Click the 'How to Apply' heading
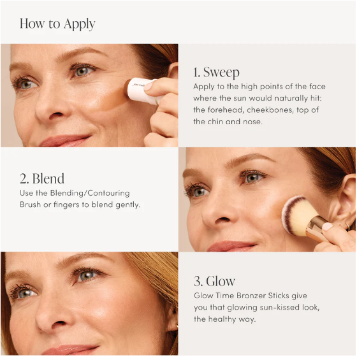tap(57, 24)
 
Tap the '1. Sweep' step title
tap(216, 73)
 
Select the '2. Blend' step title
tap(42, 178)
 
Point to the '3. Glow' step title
tap(214, 281)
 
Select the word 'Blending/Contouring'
tap(90, 193)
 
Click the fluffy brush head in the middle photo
tap(298, 215)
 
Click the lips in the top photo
tap(65, 141)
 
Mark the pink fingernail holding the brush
tap(328, 226)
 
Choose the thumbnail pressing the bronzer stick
tap(149, 86)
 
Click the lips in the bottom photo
tap(69, 350)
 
